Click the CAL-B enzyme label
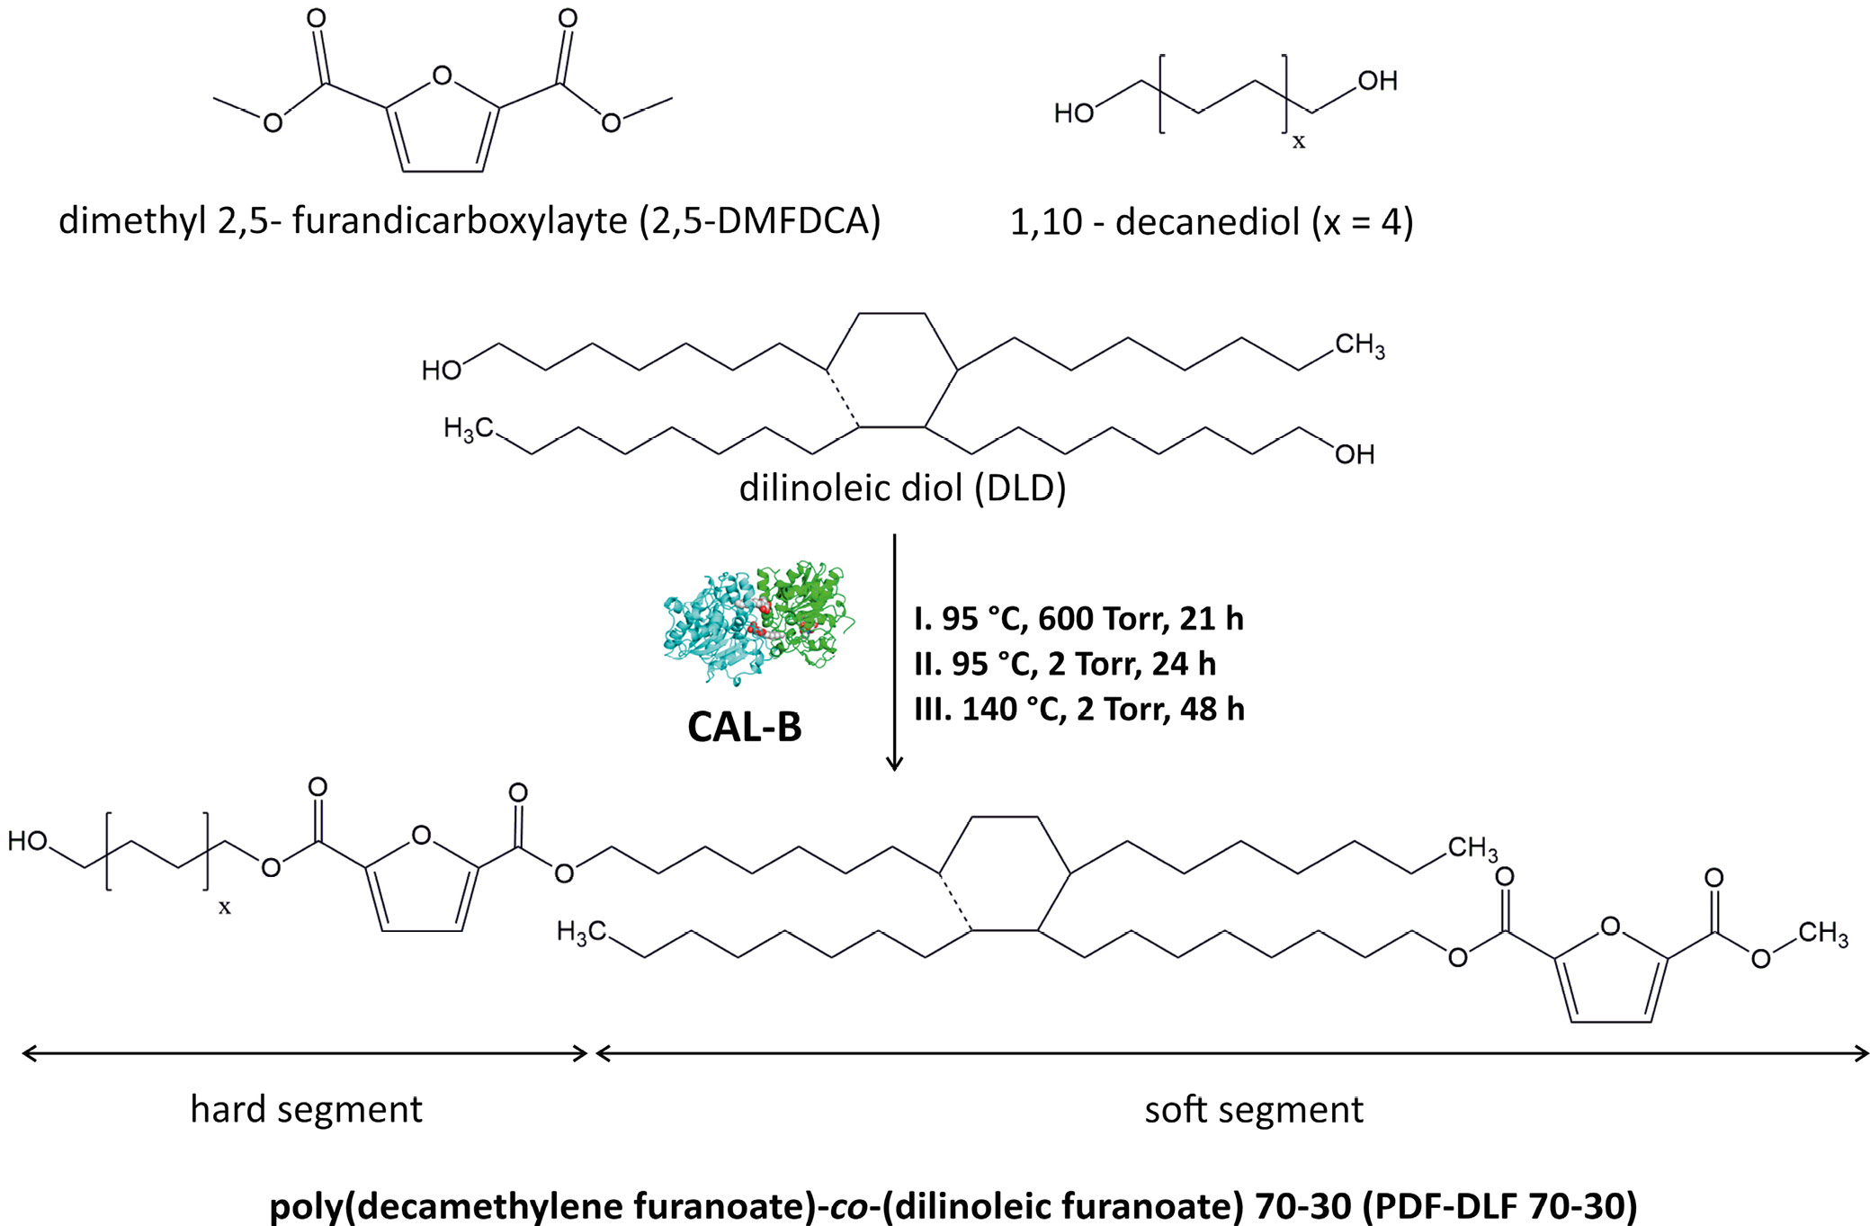(x=744, y=727)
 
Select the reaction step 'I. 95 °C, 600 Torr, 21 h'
(x=1078, y=619)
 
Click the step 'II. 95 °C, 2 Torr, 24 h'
(x=1065, y=664)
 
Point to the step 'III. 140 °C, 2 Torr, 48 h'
(x=1079, y=709)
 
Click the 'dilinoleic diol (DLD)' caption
(x=902, y=488)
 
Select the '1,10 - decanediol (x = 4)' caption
(x=1211, y=221)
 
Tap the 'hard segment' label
(x=306, y=1109)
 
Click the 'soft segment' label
(x=1253, y=1109)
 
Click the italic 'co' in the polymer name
(x=848, y=1205)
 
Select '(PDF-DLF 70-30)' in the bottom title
(x=1499, y=1205)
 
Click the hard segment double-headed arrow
(x=305, y=1053)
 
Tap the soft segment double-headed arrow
(x=1232, y=1053)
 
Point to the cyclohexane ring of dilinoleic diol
(x=891, y=370)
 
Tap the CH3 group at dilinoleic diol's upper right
(x=1359, y=345)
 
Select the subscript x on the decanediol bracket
(x=1298, y=141)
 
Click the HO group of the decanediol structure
(x=1073, y=113)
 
